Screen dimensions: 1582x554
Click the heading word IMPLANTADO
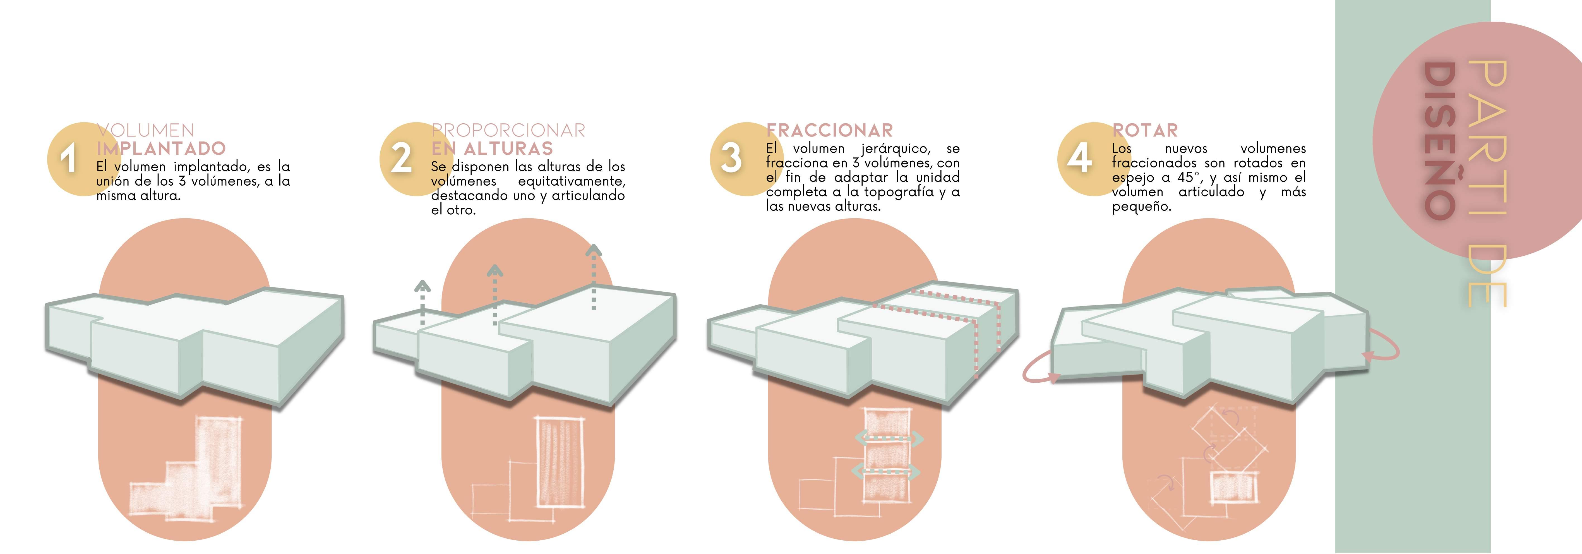pos(161,149)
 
